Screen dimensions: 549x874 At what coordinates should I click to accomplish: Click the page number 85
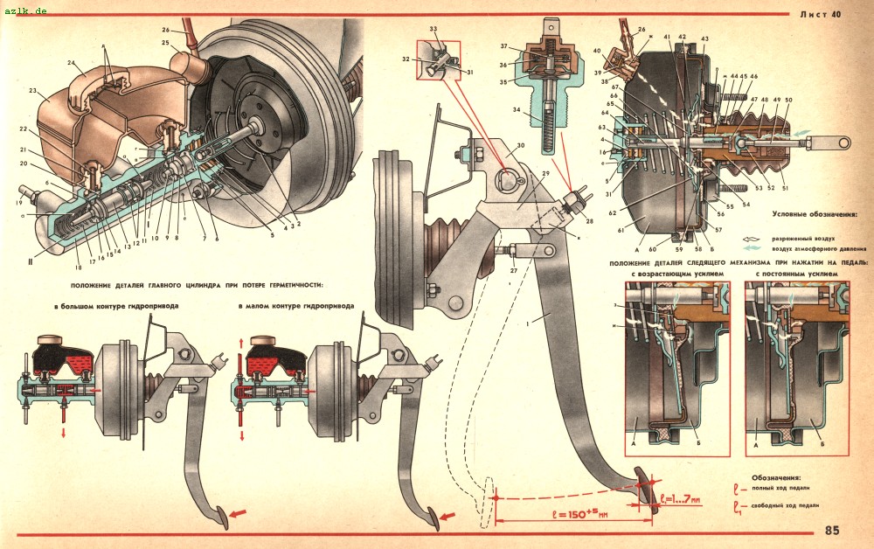pyautogui.click(x=831, y=530)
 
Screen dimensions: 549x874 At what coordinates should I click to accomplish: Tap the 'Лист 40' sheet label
pyautogui.click(x=821, y=14)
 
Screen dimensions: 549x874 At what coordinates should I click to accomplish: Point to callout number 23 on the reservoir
pyautogui.click(x=32, y=90)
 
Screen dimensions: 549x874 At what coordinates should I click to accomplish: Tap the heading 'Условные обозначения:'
pyautogui.click(x=814, y=213)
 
